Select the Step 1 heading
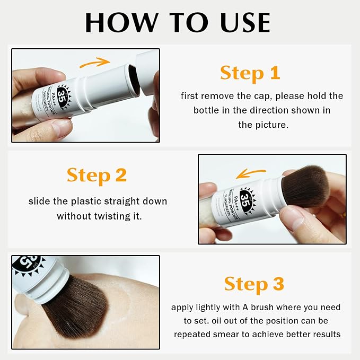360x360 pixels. tap(250, 73)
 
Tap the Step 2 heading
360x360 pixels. tap(96, 175)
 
